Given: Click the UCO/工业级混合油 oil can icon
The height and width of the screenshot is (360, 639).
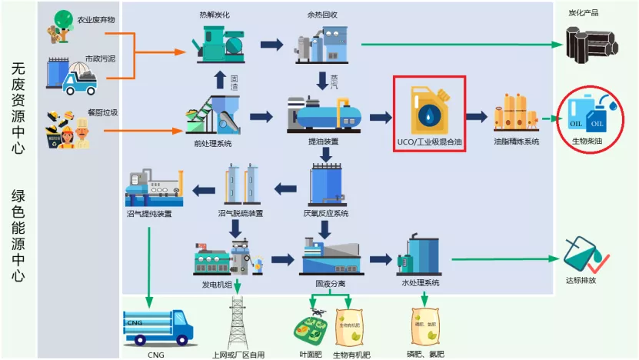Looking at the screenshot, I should pos(428,109).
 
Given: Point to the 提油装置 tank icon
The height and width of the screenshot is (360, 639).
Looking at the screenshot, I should pos(323,115).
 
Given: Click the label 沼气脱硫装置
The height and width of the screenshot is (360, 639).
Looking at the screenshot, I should pos(241,213).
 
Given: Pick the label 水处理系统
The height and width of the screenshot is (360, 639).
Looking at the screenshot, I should pos(421,283).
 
